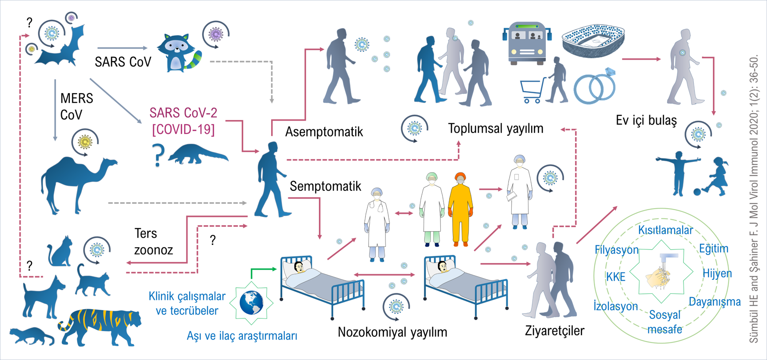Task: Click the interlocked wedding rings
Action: point(595,86)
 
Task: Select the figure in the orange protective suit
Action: point(461,209)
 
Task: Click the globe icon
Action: point(252,303)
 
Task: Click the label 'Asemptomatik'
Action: point(324,132)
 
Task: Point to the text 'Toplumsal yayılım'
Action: point(495,128)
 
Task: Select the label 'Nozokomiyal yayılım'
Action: point(392,332)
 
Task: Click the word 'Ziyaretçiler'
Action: point(555,330)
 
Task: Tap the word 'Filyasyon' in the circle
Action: point(617,250)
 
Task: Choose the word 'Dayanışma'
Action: point(715,302)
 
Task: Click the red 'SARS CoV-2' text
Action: point(183,113)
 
